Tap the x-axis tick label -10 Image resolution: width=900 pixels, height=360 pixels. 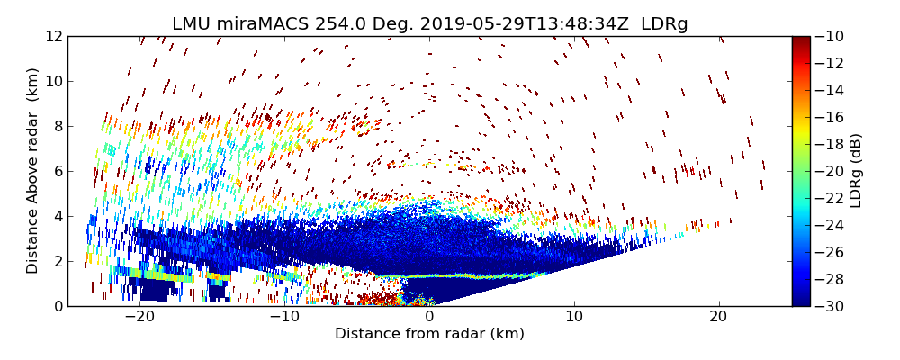tap(284, 318)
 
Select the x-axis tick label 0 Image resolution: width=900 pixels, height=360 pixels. tap(429, 318)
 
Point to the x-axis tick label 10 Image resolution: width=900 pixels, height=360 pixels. tap(574, 318)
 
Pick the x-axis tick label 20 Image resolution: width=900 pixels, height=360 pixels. tap(719, 318)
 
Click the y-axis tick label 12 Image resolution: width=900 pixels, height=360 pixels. tap(53, 37)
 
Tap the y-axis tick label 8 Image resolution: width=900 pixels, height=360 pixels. tap(57, 126)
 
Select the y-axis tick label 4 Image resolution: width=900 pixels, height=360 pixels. tap(57, 216)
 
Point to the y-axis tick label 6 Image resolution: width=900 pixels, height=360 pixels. tap(57, 171)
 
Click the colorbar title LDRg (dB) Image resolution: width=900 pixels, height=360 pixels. tap(856, 171)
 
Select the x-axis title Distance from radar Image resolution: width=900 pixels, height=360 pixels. tap(429, 334)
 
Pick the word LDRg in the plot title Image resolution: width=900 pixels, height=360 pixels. tap(664, 24)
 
